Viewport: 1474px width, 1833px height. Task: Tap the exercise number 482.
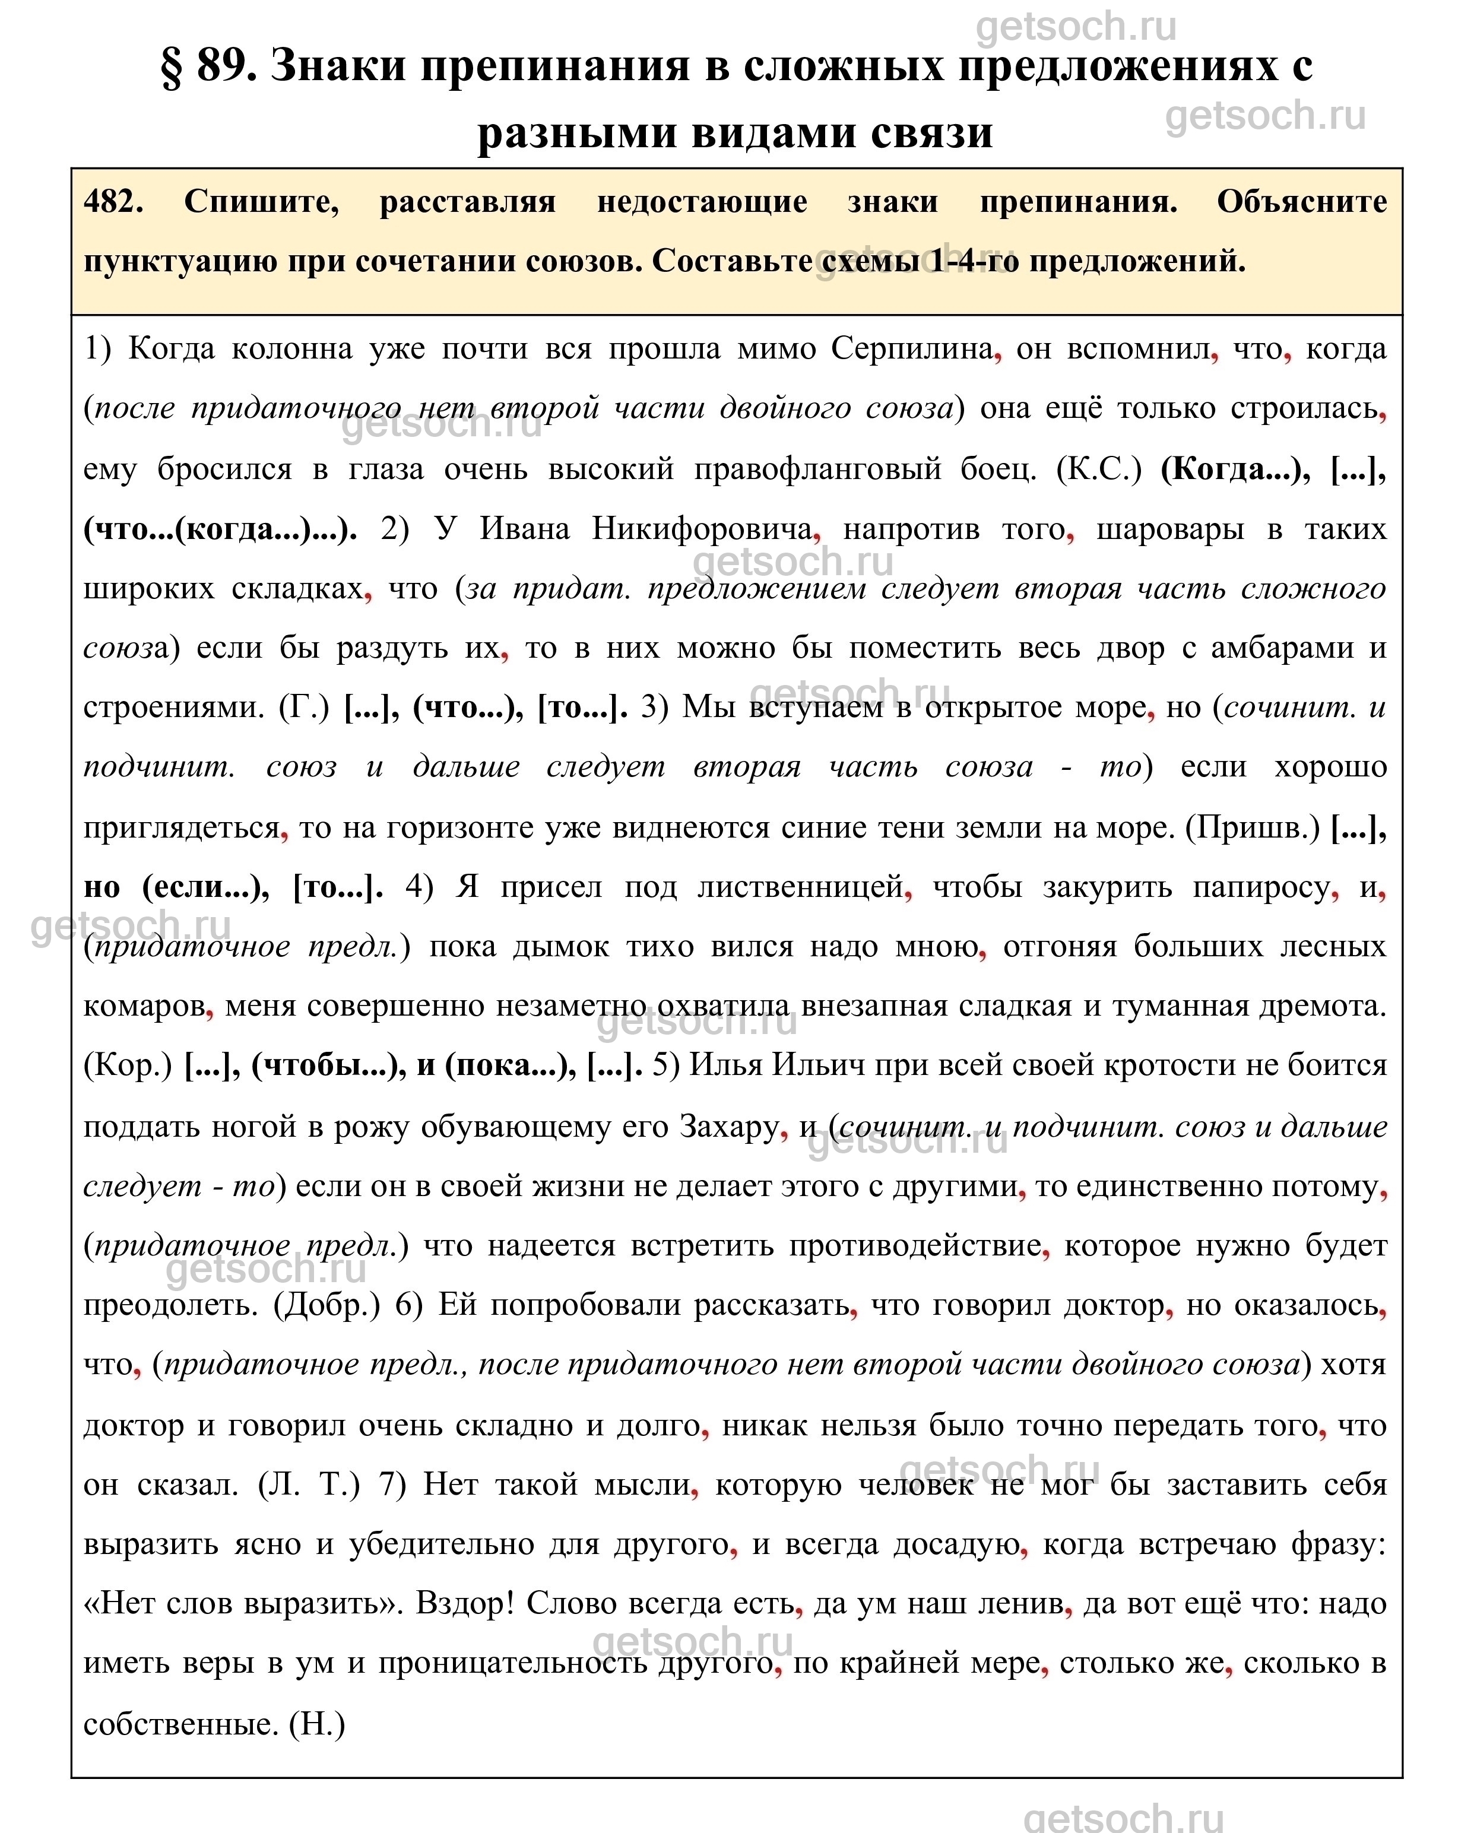point(113,202)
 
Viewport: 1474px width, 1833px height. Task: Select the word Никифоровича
point(702,529)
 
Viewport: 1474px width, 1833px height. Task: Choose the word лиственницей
point(799,887)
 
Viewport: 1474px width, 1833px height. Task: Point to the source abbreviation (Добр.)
point(327,1304)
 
